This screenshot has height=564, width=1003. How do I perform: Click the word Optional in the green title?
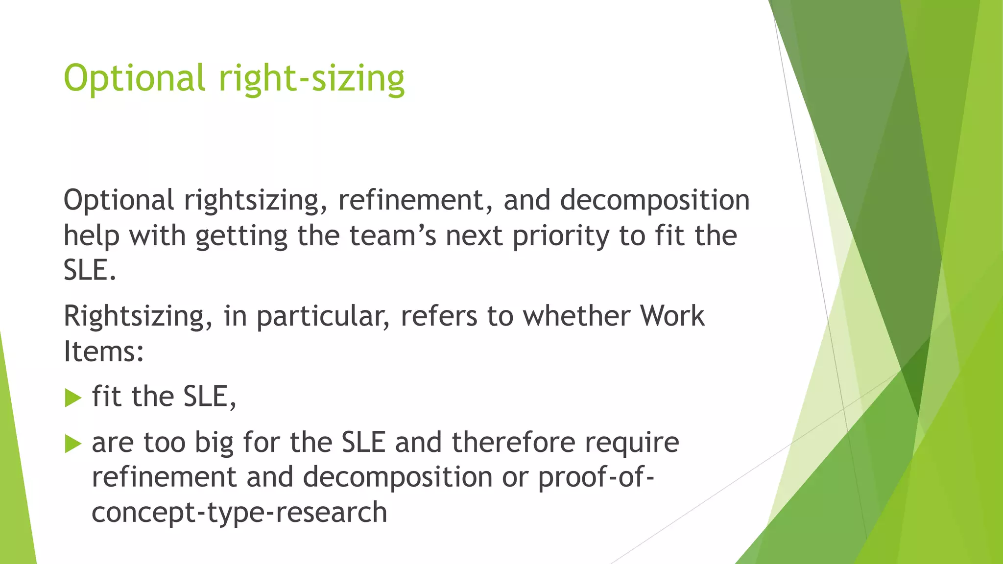[x=134, y=78]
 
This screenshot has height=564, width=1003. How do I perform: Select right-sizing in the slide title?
[x=311, y=78]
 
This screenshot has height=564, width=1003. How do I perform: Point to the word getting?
[x=241, y=236]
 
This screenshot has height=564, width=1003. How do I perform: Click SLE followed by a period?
[x=90, y=270]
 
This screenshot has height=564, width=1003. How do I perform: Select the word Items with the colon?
[x=104, y=352]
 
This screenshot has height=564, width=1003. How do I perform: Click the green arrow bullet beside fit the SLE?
[x=73, y=398]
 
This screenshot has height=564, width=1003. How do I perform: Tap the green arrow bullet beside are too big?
[x=73, y=444]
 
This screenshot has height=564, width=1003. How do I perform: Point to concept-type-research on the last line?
[x=239, y=513]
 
